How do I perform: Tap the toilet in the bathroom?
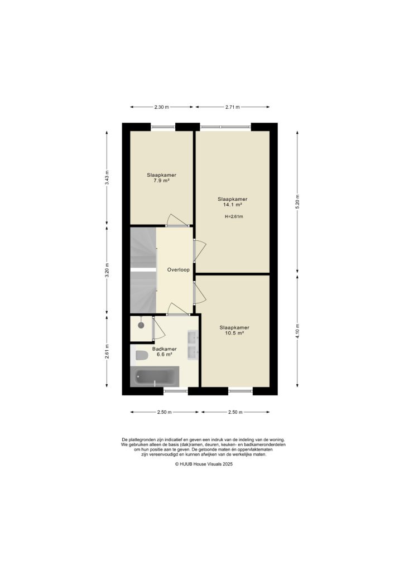tap(141, 355)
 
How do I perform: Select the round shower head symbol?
tap(142, 325)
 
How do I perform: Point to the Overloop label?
tap(178, 270)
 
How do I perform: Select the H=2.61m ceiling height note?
tap(233, 217)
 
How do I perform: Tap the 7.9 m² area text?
tap(162, 181)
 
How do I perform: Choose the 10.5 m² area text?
tap(234, 333)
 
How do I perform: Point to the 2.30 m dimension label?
tap(162, 107)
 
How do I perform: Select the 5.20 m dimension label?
tap(298, 201)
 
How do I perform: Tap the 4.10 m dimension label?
tap(298, 330)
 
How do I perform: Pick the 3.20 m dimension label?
tap(107, 270)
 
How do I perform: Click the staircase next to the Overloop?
tap(143, 270)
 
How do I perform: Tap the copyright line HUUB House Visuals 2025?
tap(203, 463)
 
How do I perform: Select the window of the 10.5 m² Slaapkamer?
tap(240, 391)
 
